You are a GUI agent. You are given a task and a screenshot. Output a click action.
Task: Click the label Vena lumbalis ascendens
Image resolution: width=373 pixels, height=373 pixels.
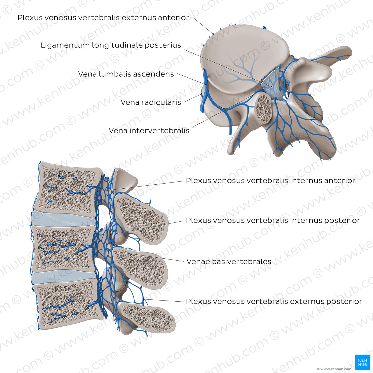pos(126,74)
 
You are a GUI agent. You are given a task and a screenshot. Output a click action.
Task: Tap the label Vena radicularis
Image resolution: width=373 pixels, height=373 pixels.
pos(151,102)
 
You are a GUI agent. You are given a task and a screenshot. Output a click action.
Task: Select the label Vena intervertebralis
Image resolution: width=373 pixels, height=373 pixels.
pos(149,131)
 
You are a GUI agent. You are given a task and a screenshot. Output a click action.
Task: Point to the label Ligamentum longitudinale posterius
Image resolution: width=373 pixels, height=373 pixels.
pos(111,45)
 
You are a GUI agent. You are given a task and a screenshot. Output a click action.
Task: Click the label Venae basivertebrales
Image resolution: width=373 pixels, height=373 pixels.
pos(229,262)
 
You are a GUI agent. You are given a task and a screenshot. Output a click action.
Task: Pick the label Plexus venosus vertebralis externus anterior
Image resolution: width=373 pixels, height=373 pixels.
pos(103,18)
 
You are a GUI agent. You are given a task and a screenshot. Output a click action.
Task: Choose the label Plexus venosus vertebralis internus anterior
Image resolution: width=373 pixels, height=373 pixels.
pos(271,181)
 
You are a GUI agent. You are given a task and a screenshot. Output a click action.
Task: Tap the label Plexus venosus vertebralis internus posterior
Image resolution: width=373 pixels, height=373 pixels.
pos(273,221)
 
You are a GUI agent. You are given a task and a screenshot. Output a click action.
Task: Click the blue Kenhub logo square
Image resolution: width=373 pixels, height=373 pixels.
pos(362,362)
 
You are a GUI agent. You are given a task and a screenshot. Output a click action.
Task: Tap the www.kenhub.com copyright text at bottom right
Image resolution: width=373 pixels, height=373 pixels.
pos(334,369)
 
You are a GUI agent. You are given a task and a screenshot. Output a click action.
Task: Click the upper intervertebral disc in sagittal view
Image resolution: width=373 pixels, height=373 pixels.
pos(63,218)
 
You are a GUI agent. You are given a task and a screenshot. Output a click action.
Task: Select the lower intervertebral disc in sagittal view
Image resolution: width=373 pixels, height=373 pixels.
pos(64,277)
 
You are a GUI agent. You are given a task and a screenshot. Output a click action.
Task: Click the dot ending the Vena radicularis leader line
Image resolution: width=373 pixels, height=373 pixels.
pos(201,94)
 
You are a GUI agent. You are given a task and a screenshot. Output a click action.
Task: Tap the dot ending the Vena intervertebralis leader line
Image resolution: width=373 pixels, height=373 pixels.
pos(253,95)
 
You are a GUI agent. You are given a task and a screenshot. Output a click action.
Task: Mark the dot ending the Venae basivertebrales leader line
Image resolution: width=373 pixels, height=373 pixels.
pos(87,247)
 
